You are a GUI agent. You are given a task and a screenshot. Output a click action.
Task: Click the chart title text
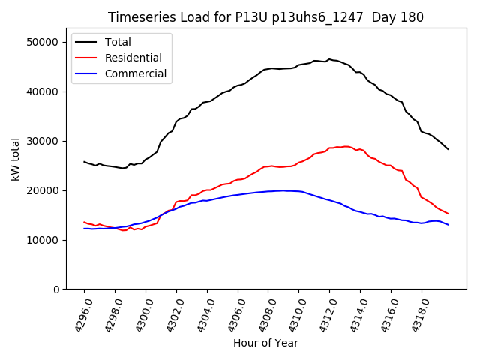click(x=265, y=17)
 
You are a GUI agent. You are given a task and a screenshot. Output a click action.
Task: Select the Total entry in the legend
click(x=124, y=42)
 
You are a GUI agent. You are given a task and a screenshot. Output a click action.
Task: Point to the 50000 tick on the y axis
click(x=43, y=42)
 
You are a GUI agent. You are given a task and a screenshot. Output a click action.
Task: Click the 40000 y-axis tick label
click(x=43, y=91)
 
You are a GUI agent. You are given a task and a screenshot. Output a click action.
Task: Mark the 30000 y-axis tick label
click(x=43, y=141)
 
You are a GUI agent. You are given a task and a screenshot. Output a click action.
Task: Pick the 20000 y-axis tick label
click(x=43, y=190)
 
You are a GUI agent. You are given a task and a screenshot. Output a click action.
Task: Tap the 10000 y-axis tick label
click(x=43, y=240)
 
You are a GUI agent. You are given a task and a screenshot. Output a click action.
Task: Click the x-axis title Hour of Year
click(x=265, y=343)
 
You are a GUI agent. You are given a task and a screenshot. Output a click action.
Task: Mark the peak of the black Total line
click(x=328, y=59)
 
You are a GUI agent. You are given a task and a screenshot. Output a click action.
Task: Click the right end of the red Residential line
click(x=448, y=214)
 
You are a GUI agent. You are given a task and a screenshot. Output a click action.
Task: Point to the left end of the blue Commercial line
click(x=84, y=229)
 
